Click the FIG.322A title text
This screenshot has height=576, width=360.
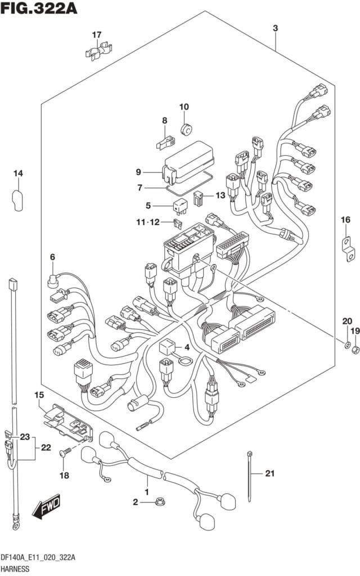[38, 9]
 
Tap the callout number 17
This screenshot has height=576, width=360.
[97, 35]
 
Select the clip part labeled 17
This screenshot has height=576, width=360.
[96, 53]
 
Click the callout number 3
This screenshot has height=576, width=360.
[275, 29]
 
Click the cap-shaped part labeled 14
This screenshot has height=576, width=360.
[17, 200]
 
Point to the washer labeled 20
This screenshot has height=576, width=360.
[348, 345]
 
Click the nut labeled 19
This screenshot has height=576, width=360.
[355, 351]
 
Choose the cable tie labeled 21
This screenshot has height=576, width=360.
[249, 475]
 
